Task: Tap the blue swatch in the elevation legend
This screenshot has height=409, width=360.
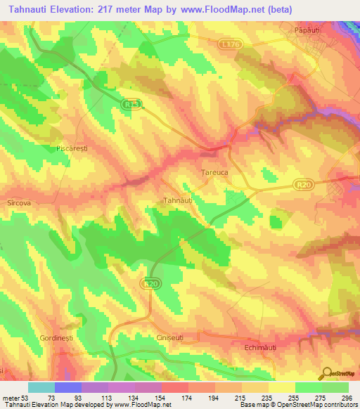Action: click(x=67, y=387)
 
